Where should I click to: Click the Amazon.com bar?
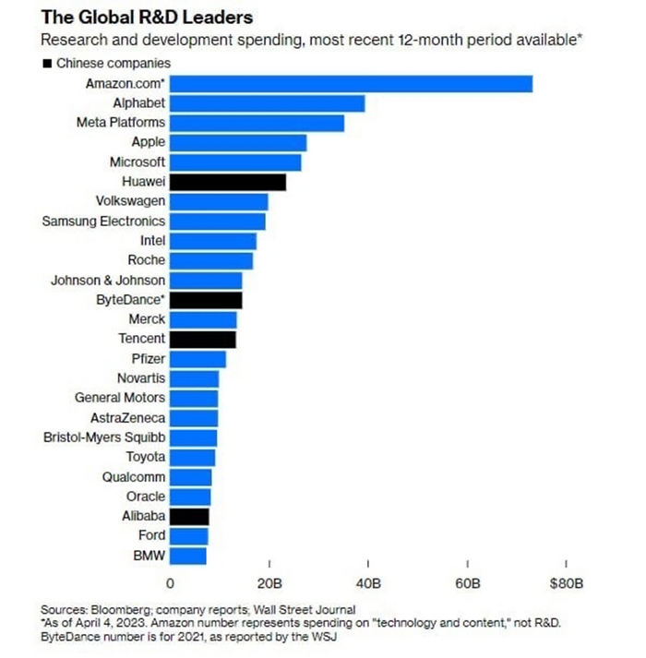pos(351,84)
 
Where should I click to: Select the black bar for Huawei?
pos(227,182)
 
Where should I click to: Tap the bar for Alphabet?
pos(267,103)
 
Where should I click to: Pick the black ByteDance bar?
pos(206,300)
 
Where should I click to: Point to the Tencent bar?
pos(202,339)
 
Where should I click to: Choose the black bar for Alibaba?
pos(189,516)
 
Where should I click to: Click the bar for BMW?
pos(188,556)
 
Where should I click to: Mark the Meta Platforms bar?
pos(257,123)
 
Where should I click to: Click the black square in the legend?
pos(47,64)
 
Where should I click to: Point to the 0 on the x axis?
pos(170,584)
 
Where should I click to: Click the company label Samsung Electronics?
pos(104,221)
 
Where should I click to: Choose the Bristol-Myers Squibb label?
pos(104,437)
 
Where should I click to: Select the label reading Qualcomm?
pos(134,477)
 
